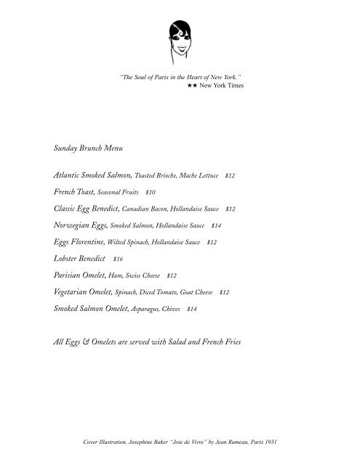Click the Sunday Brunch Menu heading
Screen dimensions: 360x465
[89, 148]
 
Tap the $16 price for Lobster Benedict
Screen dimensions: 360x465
[119, 258]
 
